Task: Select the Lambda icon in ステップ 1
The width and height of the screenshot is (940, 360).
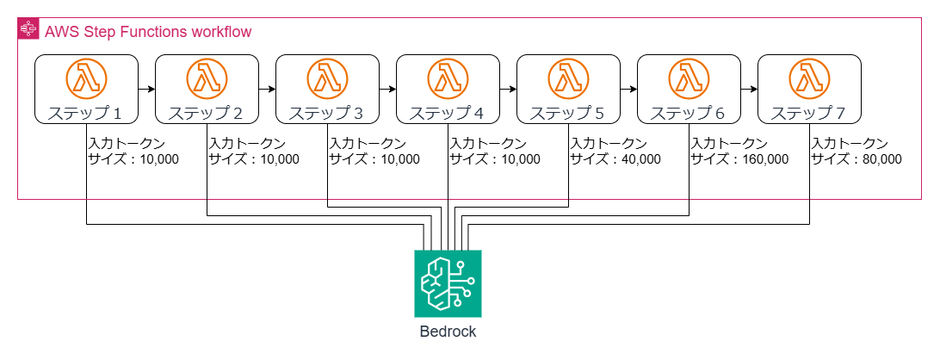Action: pos(86,79)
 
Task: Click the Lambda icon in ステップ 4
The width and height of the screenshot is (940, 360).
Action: pos(448,79)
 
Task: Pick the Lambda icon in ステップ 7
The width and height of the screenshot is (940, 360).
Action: pos(809,79)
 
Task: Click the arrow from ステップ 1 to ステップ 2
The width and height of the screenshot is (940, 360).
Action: pos(146,89)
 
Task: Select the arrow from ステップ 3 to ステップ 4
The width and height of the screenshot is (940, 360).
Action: pos(387,89)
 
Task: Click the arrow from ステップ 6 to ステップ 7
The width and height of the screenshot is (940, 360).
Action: pos(749,89)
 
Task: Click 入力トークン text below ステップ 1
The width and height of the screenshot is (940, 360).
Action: pos(127,143)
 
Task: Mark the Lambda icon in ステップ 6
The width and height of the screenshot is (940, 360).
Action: pos(689,79)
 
